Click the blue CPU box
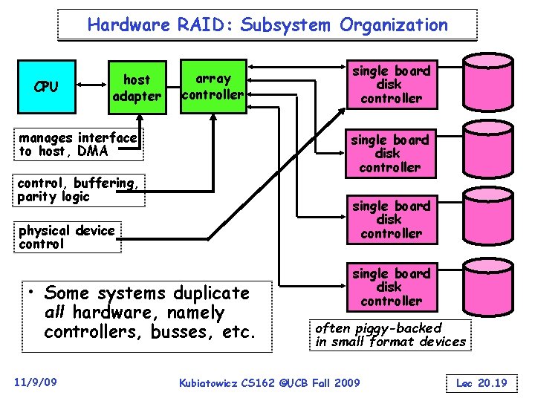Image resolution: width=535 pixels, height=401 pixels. point(46,87)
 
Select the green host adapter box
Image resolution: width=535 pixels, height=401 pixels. point(136,88)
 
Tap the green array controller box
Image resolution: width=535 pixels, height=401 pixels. point(213,86)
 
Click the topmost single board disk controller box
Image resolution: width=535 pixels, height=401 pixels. point(390,85)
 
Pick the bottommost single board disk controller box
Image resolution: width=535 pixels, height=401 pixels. point(390,287)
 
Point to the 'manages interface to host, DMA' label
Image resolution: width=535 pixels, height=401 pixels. point(78,144)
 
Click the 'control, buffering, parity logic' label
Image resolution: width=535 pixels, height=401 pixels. point(78,189)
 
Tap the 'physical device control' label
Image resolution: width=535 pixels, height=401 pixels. point(67,237)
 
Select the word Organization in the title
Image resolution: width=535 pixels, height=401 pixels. point(394,25)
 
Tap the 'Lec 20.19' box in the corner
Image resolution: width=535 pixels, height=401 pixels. point(481,382)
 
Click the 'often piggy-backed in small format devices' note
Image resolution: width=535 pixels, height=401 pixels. point(390,335)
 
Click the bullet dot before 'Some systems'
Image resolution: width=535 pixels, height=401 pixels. point(33,292)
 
